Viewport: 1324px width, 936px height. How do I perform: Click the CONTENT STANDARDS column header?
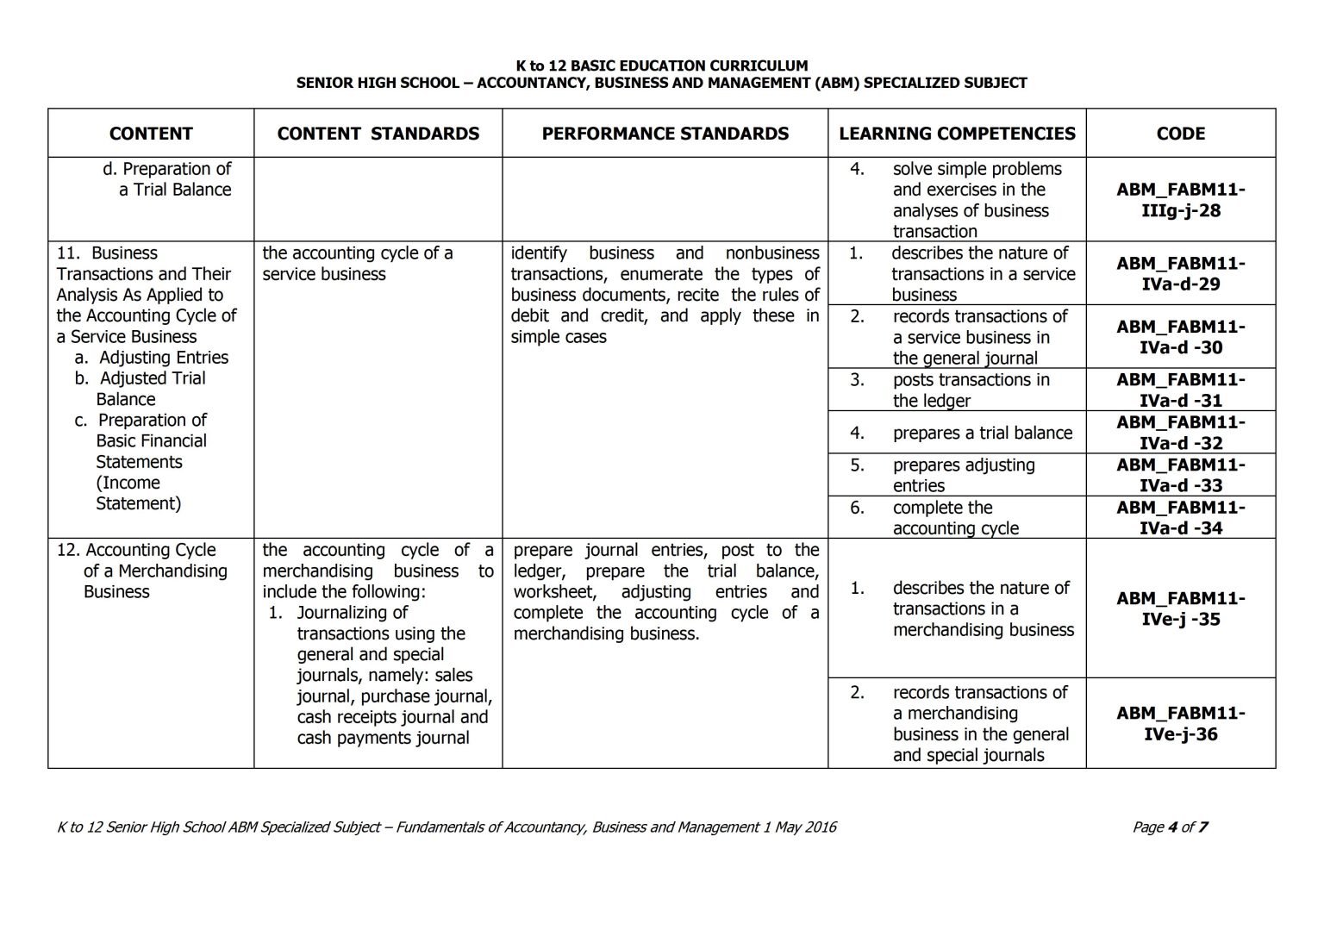point(378,134)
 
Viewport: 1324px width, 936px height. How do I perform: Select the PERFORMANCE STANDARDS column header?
point(665,134)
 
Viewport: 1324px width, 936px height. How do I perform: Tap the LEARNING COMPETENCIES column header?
point(957,134)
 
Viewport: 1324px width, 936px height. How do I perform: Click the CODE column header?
point(1180,134)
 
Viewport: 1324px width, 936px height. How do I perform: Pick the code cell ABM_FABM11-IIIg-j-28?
point(1180,200)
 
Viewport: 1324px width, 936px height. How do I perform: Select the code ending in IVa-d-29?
point(1180,273)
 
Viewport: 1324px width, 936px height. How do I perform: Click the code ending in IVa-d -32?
point(1180,433)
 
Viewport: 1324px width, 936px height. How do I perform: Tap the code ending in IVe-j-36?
point(1180,723)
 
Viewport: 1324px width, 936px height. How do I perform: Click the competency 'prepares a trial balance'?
point(982,433)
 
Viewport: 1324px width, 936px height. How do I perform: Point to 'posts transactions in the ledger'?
point(971,390)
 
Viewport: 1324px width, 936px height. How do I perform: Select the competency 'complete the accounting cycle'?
point(955,518)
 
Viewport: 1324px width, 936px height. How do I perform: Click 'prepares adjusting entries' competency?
point(963,475)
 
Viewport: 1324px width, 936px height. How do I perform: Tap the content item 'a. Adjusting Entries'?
point(152,358)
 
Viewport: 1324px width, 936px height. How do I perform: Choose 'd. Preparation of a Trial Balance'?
point(167,179)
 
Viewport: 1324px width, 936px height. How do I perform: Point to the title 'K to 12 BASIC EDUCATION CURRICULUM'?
point(661,66)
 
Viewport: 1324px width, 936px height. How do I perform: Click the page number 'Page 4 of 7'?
point(1170,827)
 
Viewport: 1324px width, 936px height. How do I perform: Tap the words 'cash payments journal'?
point(383,738)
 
